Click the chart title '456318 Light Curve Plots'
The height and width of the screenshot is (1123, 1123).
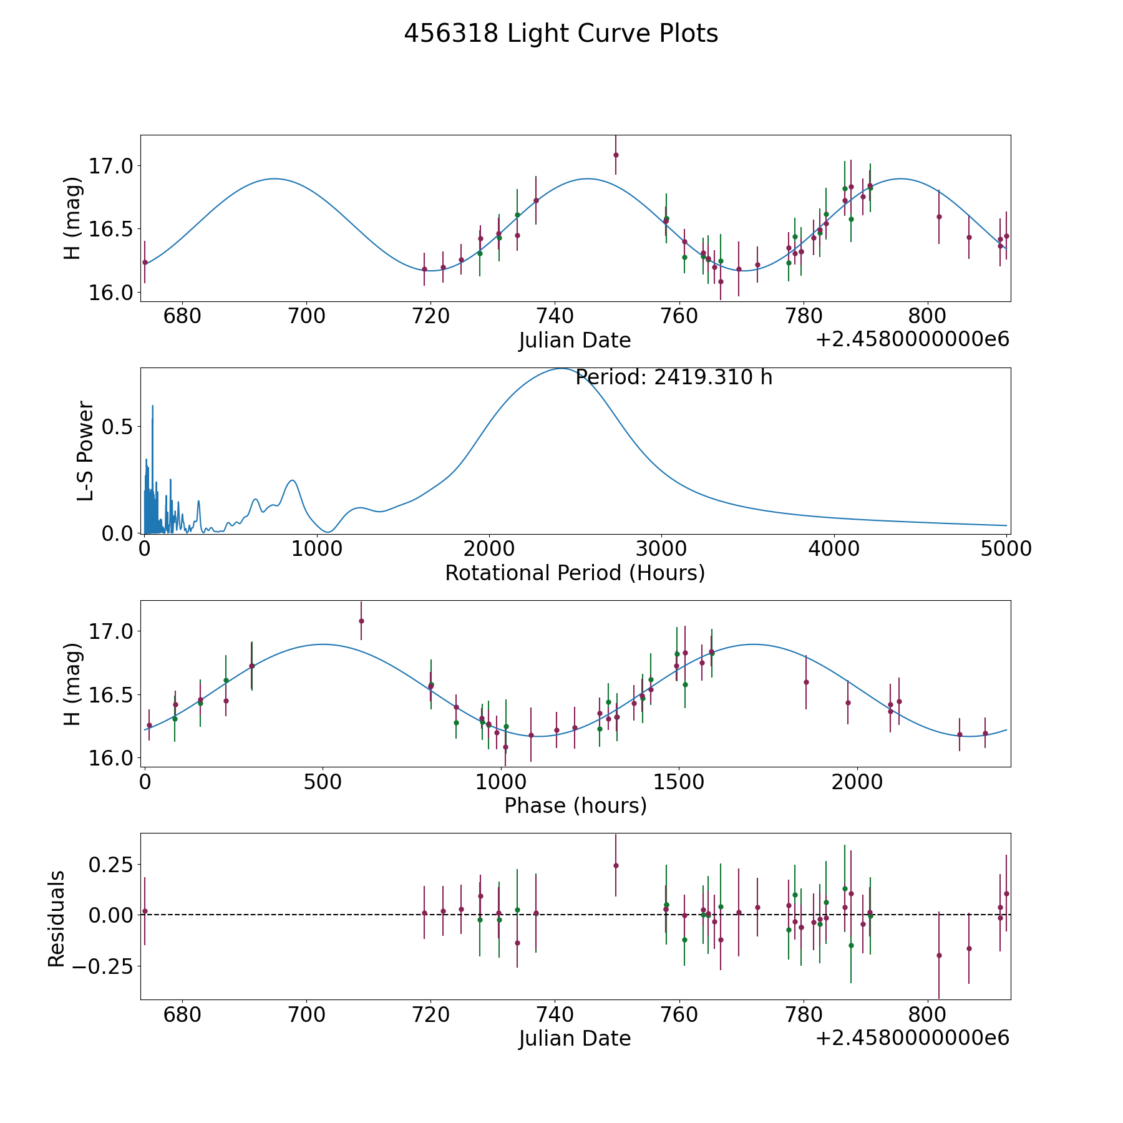pyautogui.click(x=561, y=34)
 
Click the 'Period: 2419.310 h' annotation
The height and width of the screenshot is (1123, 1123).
pyautogui.click(x=674, y=377)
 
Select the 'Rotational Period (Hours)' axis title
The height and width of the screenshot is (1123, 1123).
pyautogui.click(x=575, y=573)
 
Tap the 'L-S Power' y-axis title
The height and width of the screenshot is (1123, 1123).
pyautogui.click(x=85, y=451)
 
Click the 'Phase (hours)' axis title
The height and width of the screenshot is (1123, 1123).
pyautogui.click(x=575, y=805)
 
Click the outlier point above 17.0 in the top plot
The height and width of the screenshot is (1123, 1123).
pyautogui.click(x=616, y=155)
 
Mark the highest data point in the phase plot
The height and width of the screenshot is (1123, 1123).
pyautogui.click(x=361, y=621)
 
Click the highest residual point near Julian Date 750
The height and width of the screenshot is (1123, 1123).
pyautogui.click(x=616, y=865)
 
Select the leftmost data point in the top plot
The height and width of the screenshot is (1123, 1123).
pyautogui.click(x=145, y=263)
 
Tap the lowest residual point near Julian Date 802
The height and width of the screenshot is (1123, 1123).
pyautogui.click(x=939, y=955)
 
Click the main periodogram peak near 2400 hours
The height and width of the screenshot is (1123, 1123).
pyautogui.click(x=561, y=369)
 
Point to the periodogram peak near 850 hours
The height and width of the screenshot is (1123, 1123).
pyautogui.click(x=292, y=480)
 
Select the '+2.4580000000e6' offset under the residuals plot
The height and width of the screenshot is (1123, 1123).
pyautogui.click(x=912, y=1038)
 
